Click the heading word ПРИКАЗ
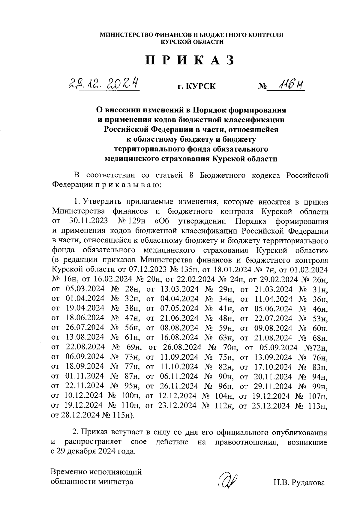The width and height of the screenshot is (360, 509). click(190, 61)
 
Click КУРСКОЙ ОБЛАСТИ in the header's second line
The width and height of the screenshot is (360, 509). click(192, 42)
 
